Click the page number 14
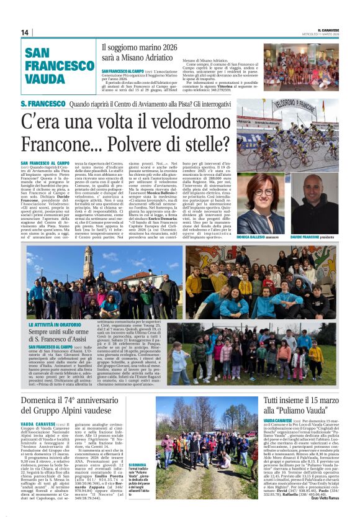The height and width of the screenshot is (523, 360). [x=25, y=32]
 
